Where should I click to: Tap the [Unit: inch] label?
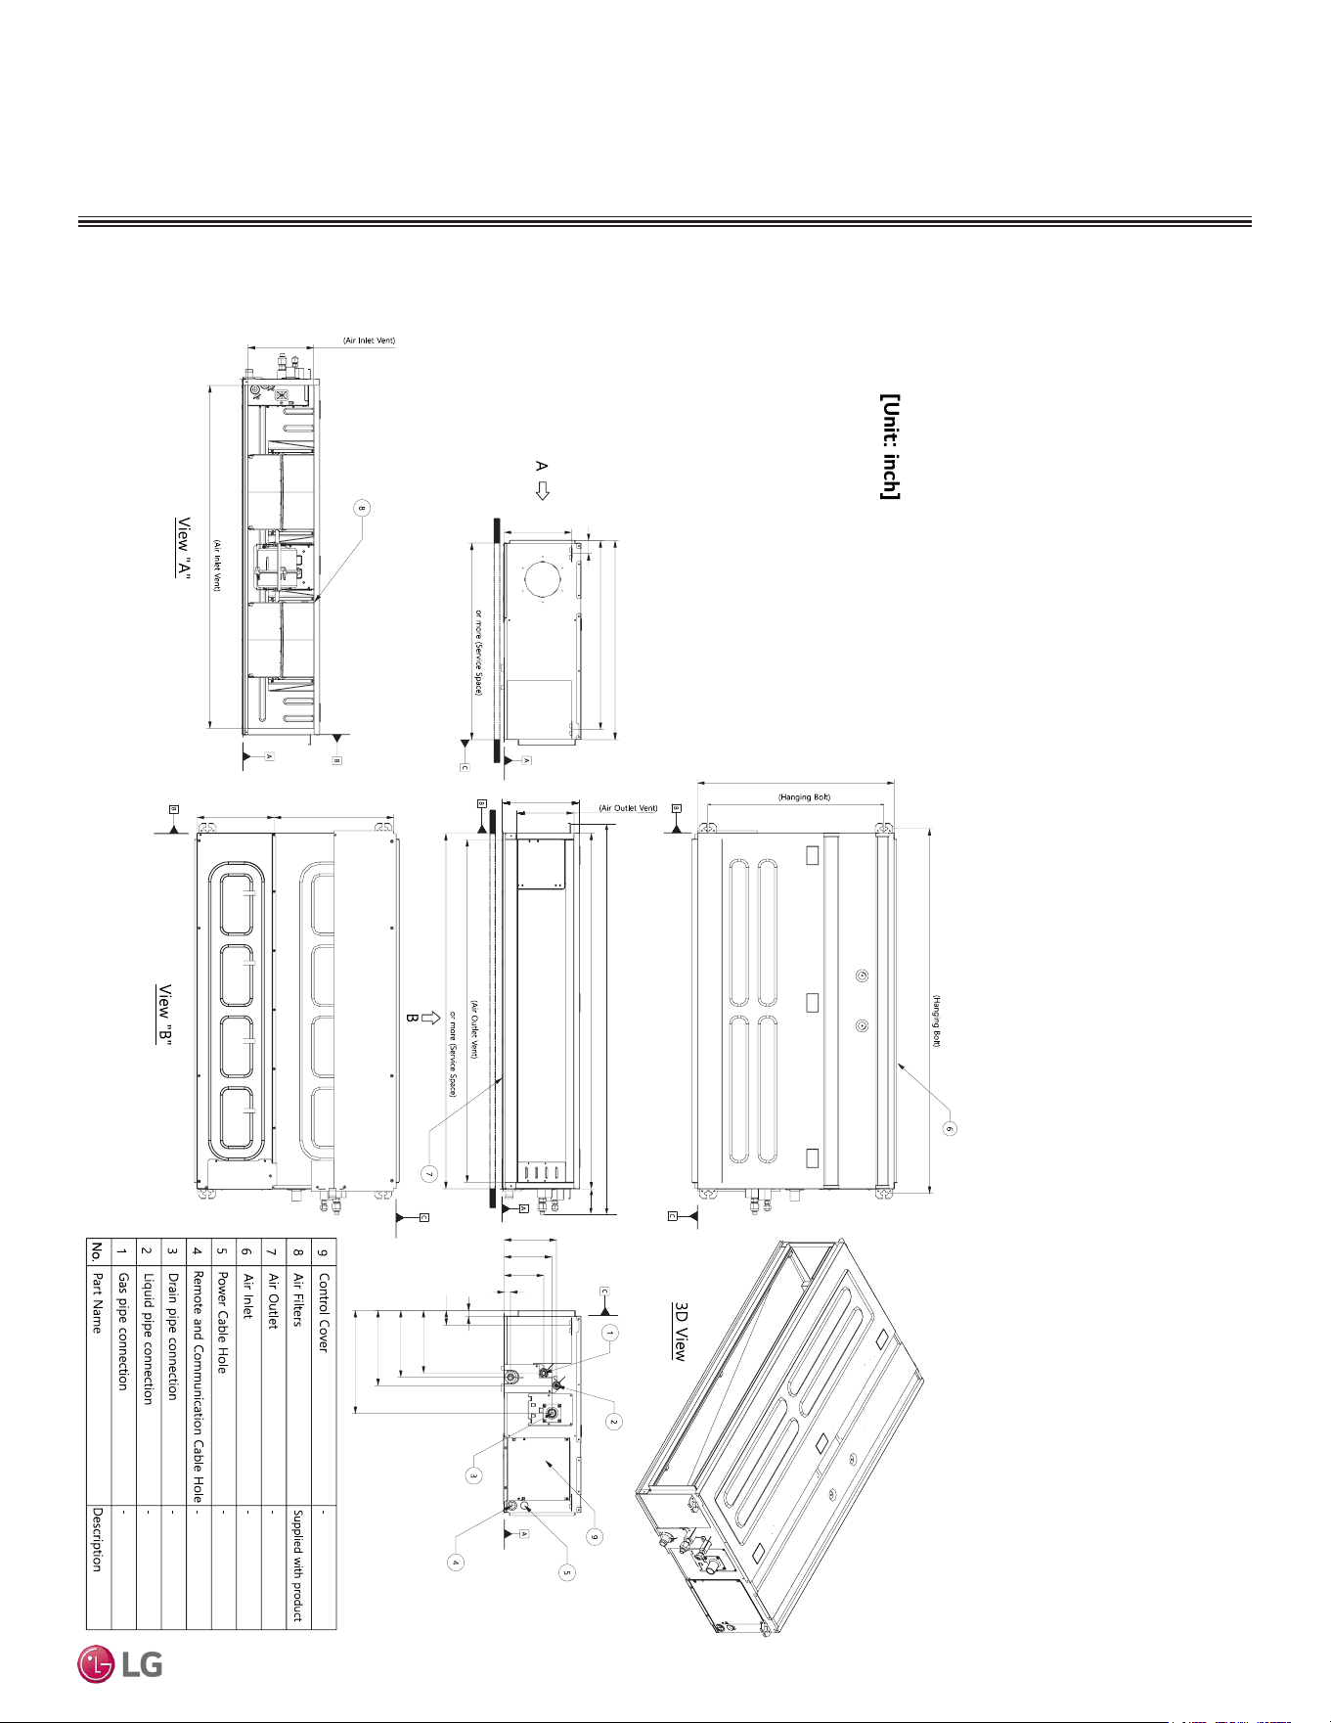tap(890, 447)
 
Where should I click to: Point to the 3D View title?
tap(680, 1331)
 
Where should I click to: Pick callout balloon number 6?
tap(948, 1128)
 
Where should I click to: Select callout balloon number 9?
tap(594, 1537)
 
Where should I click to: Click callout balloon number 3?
tap(472, 1474)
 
